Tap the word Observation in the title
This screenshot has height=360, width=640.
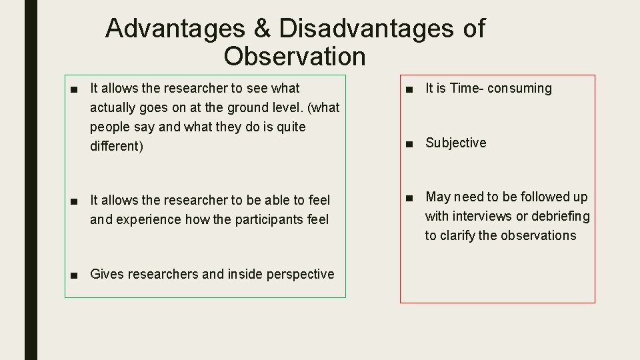click(295, 57)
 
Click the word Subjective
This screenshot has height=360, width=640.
click(456, 143)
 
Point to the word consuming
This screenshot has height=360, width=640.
click(520, 89)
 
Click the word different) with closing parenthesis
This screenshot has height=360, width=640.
click(117, 146)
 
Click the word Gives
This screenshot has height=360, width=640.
click(105, 274)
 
